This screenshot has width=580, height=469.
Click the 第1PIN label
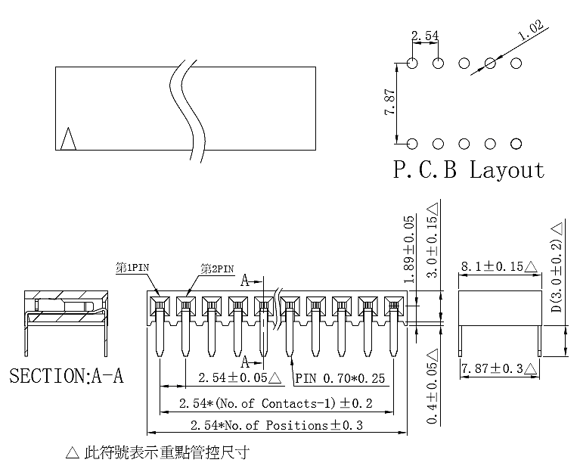point(132,268)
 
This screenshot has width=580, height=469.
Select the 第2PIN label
point(218,269)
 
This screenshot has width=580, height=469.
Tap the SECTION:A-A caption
point(66,376)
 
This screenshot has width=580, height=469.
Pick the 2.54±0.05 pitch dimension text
point(236,377)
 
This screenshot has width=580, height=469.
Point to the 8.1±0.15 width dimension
point(498,267)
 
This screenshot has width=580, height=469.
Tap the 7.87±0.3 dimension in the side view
point(498,368)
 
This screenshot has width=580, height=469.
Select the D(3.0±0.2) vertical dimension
point(556,269)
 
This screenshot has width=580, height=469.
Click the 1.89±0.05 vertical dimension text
point(408,248)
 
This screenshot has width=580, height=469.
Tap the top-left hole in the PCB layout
point(412,63)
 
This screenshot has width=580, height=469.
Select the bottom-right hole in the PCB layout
point(516,144)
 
